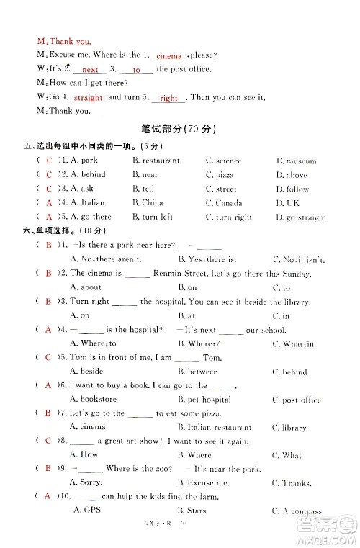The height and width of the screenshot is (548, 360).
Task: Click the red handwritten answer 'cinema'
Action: click(x=169, y=56)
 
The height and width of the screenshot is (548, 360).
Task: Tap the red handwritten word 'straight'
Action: click(x=89, y=98)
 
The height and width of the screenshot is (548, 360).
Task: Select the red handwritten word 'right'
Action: click(x=168, y=98)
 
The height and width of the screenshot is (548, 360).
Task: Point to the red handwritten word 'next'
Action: click(x=90, y=71)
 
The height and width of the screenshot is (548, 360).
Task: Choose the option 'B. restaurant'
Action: click(x=156, y=161)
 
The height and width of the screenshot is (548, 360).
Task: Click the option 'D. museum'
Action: click(x=296, y=161)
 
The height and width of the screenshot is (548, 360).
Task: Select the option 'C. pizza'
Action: click(x=220, y=175)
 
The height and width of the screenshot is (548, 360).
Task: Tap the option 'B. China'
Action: click(x=148, y=203)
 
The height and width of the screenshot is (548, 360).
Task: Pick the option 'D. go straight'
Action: click(x=301, y=217)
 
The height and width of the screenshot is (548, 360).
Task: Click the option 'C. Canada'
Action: click(x=224, y=203)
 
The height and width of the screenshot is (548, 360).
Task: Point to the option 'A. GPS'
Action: click(x=89, y=511)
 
